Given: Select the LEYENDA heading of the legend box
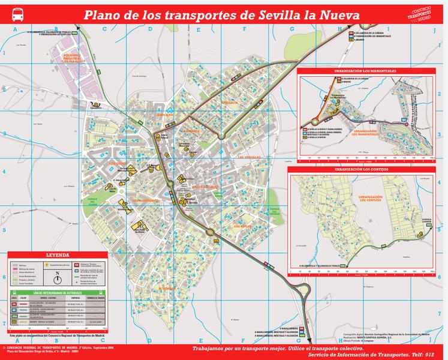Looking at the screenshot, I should (x=58, y=255).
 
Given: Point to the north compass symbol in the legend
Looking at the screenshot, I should (x=57, y=278).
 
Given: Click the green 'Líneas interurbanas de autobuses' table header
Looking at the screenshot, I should (x=58, y=293).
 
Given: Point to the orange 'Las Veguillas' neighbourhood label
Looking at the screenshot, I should (x=251, y=157).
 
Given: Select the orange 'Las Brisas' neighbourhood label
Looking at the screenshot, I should (x=243, y=226).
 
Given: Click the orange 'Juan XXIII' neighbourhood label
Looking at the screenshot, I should (x=165, y=115).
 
